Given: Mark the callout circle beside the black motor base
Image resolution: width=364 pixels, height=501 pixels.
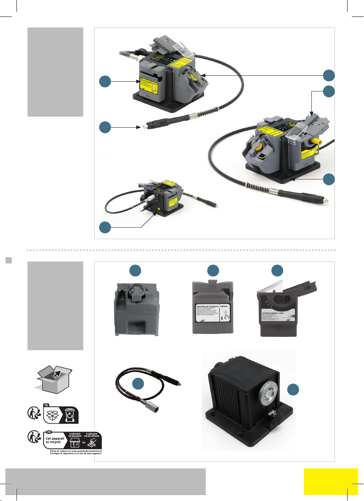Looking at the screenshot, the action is (x=293, y=390).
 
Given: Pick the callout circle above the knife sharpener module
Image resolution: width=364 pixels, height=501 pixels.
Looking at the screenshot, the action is (x=213, y=270).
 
